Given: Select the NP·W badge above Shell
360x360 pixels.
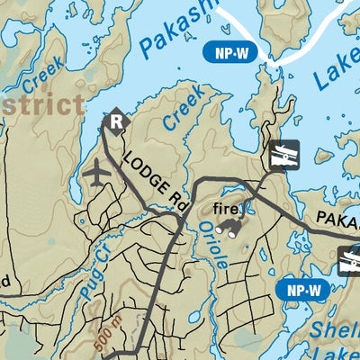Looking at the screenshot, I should tap(302, 289).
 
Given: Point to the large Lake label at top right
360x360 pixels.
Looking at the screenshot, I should tap(335, 69).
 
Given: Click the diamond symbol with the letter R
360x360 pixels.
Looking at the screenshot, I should tap(116, 120).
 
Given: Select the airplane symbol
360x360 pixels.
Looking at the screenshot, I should tap(97, 170).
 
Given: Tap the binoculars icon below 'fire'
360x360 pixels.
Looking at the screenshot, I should tap(231, 229).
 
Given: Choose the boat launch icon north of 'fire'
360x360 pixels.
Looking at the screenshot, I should tap(283, 156).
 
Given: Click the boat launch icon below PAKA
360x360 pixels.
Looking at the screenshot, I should tap(348, 261).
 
